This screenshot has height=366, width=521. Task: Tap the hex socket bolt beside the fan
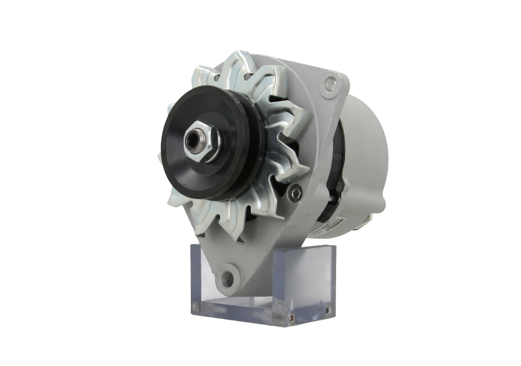click(297, 192)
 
